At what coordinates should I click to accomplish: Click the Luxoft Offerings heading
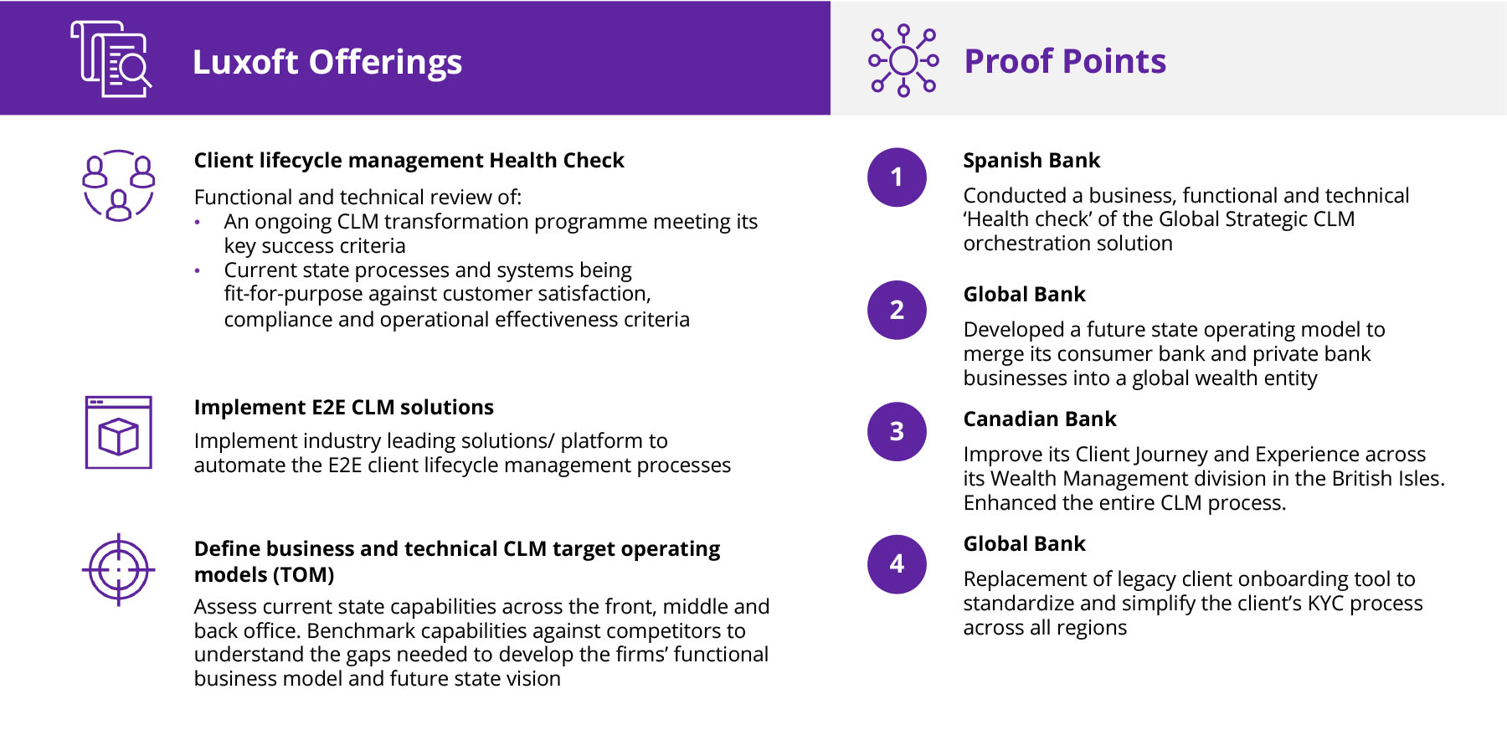point(327,62)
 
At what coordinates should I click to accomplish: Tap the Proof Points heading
point(1065,61)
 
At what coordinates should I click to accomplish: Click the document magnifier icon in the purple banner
point(111,59)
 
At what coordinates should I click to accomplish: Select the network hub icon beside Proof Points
point(903,60)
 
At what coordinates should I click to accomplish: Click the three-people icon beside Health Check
point(119,185)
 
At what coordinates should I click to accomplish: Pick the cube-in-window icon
point(118,432)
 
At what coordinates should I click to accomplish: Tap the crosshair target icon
point(118,569)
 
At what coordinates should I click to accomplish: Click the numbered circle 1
point(897,177)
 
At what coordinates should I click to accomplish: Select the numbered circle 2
point(897,310)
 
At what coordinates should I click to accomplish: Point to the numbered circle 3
point(897,431)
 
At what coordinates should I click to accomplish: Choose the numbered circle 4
point(897,564)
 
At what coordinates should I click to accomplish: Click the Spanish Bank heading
point(1031,160)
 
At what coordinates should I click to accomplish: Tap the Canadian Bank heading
point(1040,419)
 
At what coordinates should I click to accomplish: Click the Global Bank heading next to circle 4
point(1024,543)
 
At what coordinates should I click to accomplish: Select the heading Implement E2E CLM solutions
point(344,408)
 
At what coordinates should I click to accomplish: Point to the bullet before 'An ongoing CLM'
point(198,223)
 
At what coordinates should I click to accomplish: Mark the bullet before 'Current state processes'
point(198,271)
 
